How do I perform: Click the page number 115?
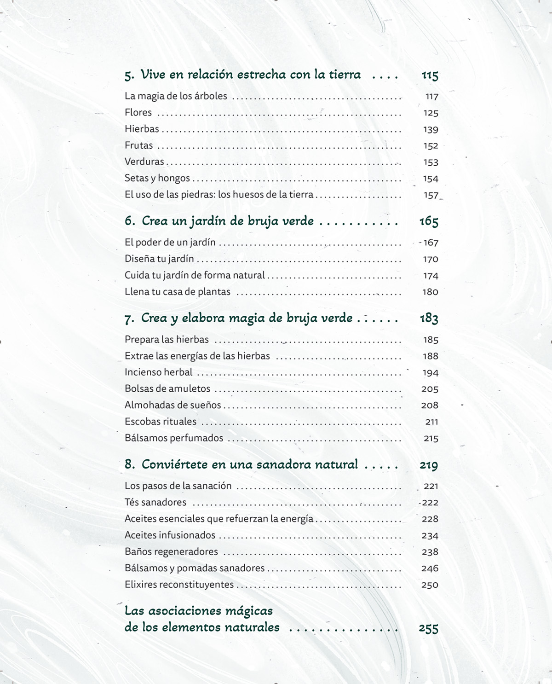430,75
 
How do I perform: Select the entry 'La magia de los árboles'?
176,96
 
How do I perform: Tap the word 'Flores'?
138,112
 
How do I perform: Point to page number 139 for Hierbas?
431,129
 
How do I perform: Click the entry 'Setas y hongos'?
157,178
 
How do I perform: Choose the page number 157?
431,195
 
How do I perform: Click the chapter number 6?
129,221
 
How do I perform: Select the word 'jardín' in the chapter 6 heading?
213,221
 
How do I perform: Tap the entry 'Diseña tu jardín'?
159,259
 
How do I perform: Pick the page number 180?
430,292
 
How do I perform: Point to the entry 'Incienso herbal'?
158,372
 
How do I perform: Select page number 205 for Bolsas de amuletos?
430,389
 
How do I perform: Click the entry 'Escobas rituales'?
160,422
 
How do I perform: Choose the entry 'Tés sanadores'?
155,502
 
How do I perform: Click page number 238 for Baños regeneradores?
430,552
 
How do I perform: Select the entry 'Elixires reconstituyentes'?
179,585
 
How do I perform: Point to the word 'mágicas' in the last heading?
249,611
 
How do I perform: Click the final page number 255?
428,628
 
